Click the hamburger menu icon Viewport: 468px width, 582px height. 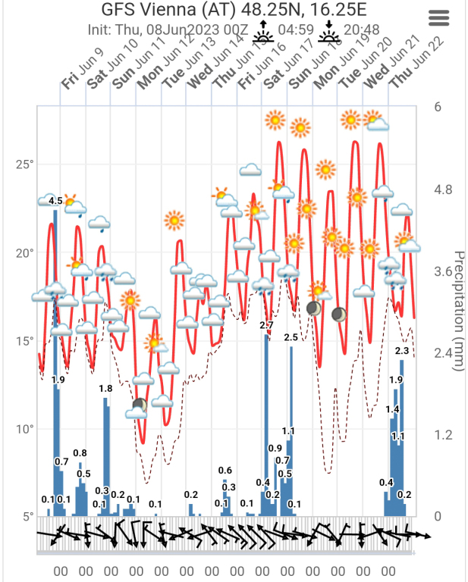439,18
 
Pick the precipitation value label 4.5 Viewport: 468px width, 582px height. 55,201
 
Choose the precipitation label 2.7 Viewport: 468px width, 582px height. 266,325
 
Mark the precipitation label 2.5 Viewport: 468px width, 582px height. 291,336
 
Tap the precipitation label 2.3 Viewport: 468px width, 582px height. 402,351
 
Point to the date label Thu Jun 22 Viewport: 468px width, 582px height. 403,72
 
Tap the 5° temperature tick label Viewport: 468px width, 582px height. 28,517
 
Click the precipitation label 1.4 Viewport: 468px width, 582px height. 392,409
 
